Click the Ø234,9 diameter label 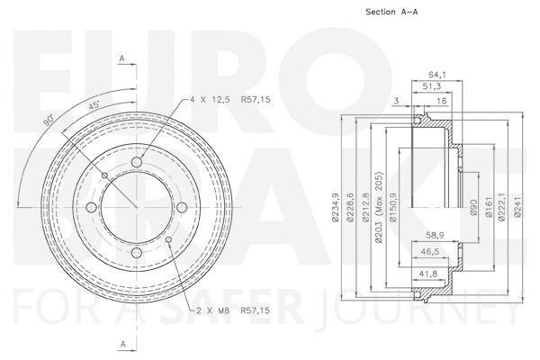coord(336,206)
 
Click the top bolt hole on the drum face coord(138,162)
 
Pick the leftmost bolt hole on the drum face coord(92,209)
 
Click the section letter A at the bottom coord(121,343)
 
